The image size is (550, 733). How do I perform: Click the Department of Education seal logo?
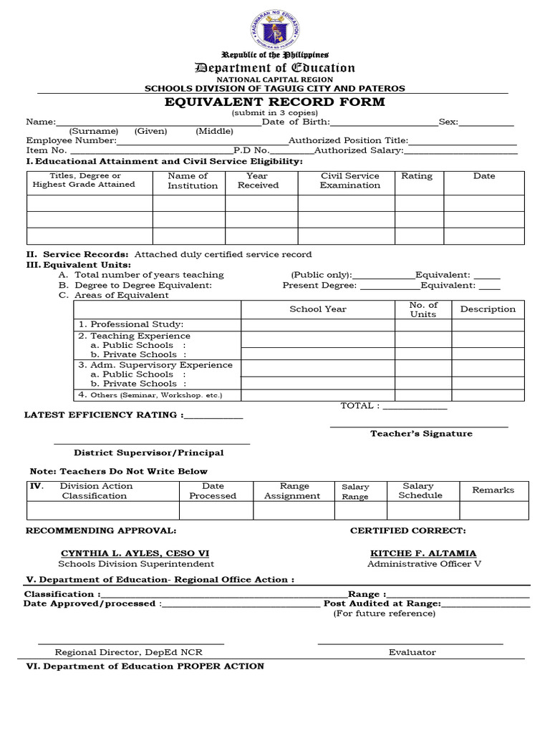coord(275,29)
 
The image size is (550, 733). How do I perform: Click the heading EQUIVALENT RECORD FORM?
coord(275,102)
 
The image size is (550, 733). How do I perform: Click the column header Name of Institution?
coord(189,180)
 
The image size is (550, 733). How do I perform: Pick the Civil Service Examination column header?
coord(349,180)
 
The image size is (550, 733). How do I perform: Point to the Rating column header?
coord(416,176)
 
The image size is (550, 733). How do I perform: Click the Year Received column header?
coord(258,180)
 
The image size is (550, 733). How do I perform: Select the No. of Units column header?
coord(423,310)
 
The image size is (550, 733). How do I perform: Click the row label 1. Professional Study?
coord(131,324)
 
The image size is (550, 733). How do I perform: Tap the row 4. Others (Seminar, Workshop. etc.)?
coord(150,394)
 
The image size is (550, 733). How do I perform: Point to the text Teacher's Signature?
coord(421,434)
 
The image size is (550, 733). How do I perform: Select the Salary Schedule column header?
coord(420,490)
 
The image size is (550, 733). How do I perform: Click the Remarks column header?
coord(493,490)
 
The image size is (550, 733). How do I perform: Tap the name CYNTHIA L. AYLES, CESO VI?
coord(135,553)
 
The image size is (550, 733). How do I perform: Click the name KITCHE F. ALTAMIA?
coord(423,553)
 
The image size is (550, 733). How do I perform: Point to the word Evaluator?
coord(412,652)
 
